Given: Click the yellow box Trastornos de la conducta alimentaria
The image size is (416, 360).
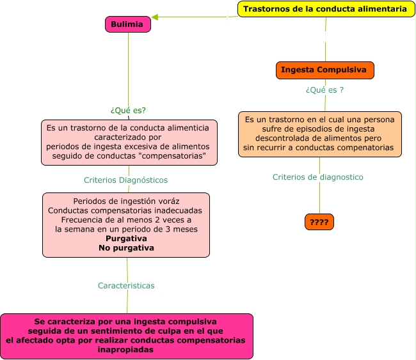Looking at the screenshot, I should coord(326,9).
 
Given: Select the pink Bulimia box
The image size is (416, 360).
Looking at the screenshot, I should coord(128,24).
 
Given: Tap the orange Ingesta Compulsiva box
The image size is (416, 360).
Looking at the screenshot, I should coord(324,70).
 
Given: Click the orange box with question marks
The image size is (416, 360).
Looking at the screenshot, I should coord(319,223).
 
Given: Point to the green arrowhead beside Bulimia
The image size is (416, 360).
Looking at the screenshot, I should coord(156,17).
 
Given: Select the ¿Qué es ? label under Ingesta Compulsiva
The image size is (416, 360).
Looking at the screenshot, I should coord(324,90).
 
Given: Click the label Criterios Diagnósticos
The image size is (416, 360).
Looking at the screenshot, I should coord(125,180).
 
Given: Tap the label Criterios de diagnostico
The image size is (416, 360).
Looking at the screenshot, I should coord(317,177).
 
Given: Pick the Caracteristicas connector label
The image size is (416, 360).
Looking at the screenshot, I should coord(126,286).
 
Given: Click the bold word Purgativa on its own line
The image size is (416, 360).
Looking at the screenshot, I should coord(126,239).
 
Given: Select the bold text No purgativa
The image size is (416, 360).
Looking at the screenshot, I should coord(126,247).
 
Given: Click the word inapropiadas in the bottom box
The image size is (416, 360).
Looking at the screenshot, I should coord(126,350).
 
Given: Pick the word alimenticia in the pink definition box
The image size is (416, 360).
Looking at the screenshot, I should coord(188,127).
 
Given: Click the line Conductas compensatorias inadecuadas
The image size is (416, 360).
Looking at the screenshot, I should coord(125,210).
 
